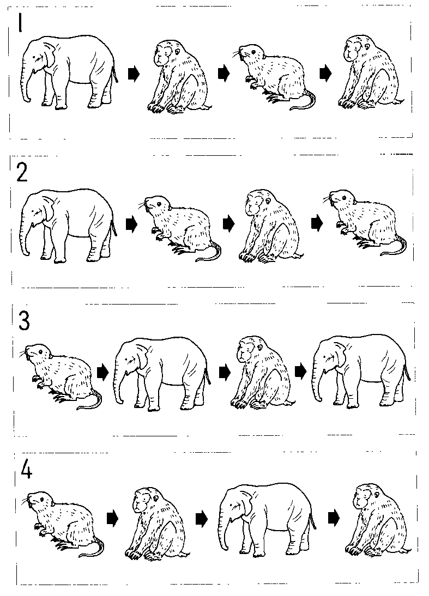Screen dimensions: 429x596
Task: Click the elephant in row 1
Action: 69,72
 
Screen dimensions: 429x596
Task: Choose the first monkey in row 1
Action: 179,76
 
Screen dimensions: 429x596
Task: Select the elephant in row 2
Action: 69,225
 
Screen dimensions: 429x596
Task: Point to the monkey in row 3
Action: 262,373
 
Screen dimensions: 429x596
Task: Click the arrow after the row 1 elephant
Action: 134,74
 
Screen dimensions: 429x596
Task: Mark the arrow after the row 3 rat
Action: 102,372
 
